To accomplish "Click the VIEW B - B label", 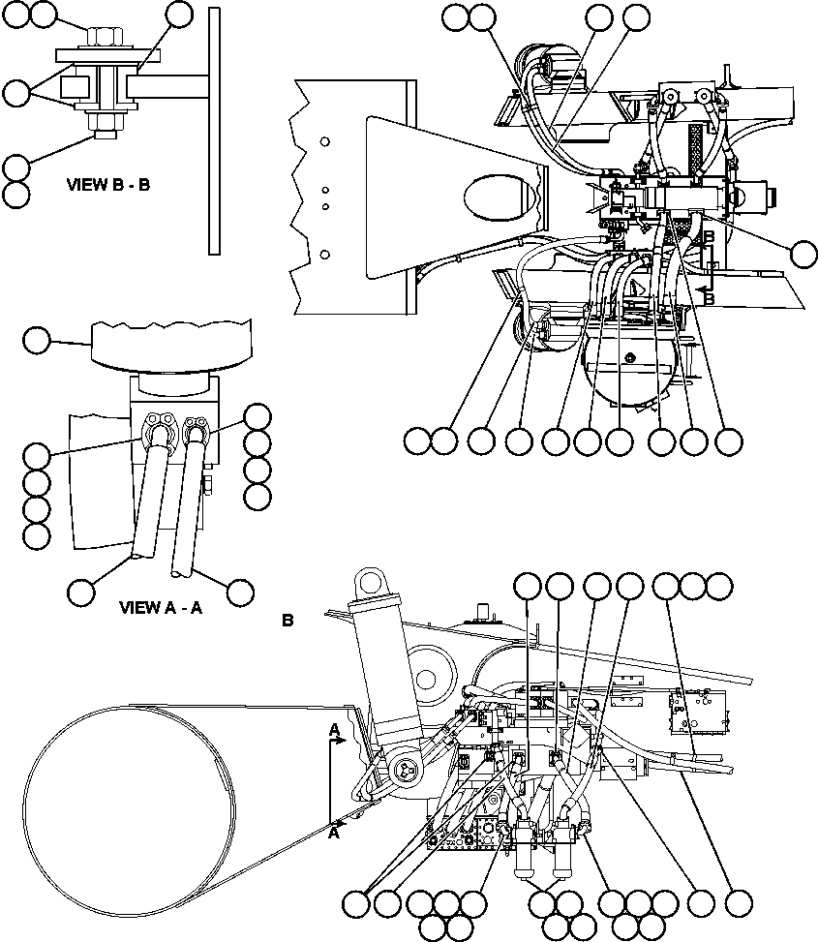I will [107, 184].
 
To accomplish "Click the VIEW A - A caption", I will [160, 608].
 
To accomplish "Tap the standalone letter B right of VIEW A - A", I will [288, 621].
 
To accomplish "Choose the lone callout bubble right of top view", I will [803, 254].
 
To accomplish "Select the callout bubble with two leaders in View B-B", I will [16, 93].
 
